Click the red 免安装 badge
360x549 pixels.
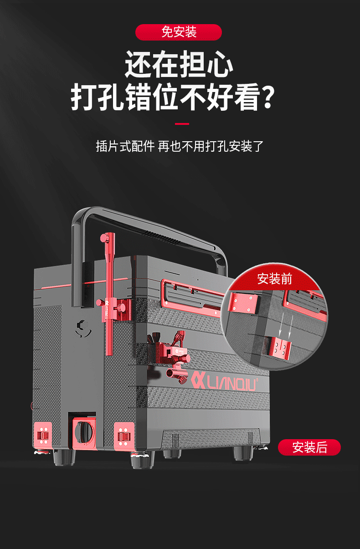[x=179, y=32]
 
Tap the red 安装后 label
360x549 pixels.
[x=309, y=447]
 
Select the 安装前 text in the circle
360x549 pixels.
[x=274, y=279]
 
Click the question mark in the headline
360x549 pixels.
[x=267, y=97]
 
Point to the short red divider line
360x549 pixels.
[x=182, y=124]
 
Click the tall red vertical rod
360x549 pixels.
[x=110, y=294]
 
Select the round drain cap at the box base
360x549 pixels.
[x=84, y=432]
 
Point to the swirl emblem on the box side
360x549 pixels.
[x=83, y=328]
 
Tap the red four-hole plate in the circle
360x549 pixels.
[x=243, y=303]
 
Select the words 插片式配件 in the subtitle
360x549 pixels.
[x=125, y=146]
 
